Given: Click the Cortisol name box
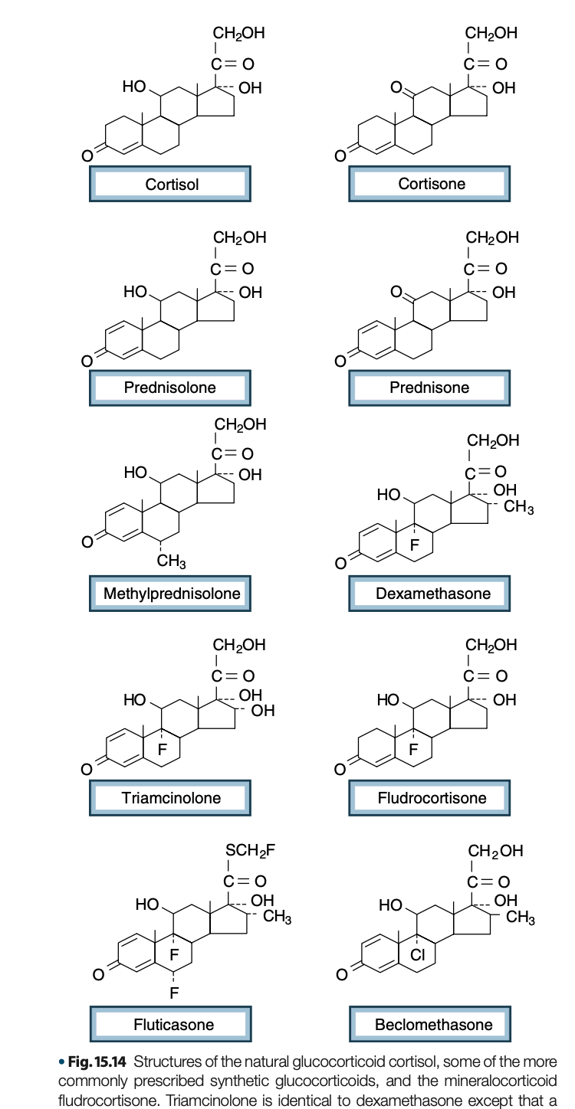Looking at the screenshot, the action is [x=170, y=184].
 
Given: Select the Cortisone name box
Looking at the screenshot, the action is [x=429, y=184].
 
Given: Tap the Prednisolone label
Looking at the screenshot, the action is [x=170, y=388].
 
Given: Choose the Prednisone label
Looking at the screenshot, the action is [x=429, y=388].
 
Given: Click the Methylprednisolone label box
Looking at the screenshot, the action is [x=170, y=593].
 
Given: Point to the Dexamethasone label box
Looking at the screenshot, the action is [x=429, y=593].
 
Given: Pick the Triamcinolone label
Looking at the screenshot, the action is [x=170, y=798].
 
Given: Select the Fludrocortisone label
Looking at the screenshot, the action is [x=429, y=798].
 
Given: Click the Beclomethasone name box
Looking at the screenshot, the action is [x=430, y=1024].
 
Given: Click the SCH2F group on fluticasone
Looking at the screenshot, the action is [x=250, y=851].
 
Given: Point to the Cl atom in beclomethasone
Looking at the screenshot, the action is [x=417, y=954].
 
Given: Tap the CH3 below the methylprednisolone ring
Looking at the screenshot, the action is [x=172, y=561].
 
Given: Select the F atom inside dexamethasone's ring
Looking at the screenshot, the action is [x=415, y=545].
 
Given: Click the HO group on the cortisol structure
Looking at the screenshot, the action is [x=134, y=87].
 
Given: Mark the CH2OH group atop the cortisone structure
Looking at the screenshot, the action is [x=491, y=33].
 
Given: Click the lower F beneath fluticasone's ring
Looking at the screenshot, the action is [x=174, y=993].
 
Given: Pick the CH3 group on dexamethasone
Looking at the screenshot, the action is [x=519, y=508].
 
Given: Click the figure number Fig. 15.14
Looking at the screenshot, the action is [x=97, y=1062].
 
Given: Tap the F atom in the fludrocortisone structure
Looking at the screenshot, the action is [x=413, y=750].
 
